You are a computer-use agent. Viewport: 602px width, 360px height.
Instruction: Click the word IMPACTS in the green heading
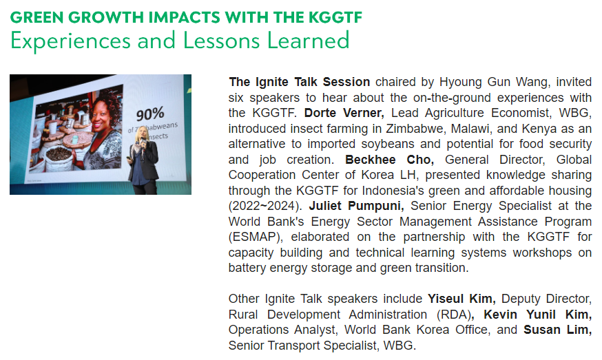(x=185, y=17)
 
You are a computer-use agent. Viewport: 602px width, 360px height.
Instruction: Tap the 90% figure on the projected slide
(x=150, y=114)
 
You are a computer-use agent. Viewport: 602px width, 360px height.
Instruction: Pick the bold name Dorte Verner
(x=344, y=113)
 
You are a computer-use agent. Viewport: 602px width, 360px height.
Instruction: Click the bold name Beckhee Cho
(x=389, y=159)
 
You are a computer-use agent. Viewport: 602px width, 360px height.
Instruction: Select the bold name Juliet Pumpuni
(x=356, y=206)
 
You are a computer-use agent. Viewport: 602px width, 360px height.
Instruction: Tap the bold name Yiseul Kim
(x=461, y=299)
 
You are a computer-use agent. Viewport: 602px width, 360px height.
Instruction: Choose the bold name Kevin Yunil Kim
(x=537, y=315)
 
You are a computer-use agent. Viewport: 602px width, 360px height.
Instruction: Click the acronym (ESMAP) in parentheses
(x=256, y=237)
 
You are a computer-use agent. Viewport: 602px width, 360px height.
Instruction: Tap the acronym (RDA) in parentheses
(x=454, y=315)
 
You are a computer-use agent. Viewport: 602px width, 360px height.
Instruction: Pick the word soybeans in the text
(x=386, y=144)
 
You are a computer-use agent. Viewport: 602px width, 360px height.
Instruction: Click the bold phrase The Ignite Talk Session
(x=300, y=82)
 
